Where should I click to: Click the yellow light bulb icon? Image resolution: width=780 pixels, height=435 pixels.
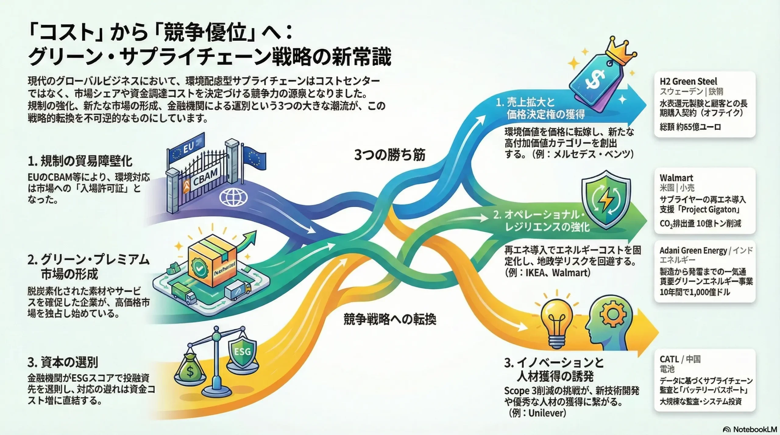557,323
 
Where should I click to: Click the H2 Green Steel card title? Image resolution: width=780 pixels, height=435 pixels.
688,82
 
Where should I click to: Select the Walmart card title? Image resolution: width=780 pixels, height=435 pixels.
676,178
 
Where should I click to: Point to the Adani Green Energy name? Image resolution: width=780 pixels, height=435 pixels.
693,251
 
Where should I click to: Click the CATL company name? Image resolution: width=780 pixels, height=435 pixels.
669,359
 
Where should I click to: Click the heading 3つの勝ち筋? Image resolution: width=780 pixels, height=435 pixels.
390,155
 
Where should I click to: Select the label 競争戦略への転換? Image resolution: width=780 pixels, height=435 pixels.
390,319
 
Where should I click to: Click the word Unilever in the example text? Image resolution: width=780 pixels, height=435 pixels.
547,413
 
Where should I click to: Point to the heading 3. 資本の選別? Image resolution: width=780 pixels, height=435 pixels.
63,362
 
